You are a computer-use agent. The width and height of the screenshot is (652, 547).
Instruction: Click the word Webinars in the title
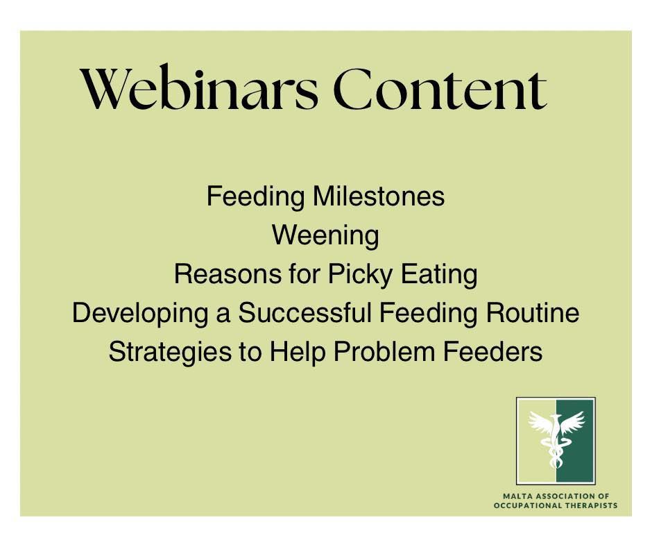click(199, 88)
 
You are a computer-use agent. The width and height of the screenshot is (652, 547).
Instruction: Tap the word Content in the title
click(440, 89)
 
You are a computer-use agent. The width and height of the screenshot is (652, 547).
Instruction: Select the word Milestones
click(379, 196)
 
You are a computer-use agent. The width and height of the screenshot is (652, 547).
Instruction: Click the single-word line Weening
click(325, 236)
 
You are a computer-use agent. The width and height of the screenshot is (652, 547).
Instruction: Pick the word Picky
click(360, 275)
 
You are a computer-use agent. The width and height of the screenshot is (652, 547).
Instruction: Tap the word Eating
click(438, 275)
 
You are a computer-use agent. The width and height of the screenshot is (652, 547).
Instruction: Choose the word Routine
click(533, 313)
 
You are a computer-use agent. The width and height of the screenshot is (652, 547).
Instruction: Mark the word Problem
click(384, 352)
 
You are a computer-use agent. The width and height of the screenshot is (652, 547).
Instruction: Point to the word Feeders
click(492, 352)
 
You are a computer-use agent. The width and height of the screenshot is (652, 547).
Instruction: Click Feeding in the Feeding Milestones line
click(256, 197)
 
